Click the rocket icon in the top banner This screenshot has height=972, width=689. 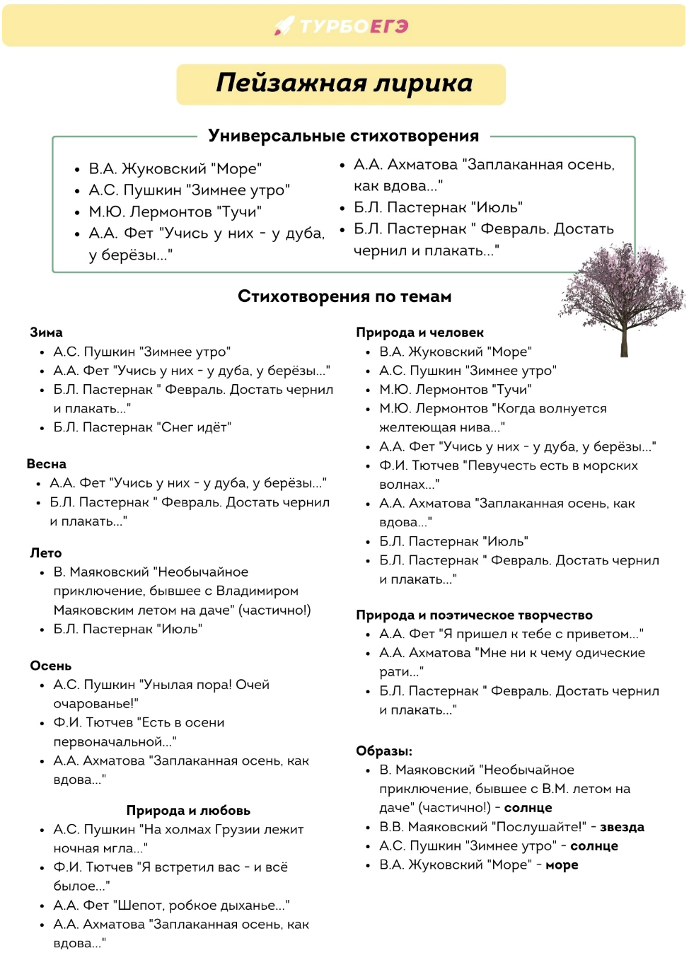(284, 26)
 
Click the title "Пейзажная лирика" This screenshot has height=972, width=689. (344, 83)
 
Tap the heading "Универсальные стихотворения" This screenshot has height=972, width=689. (343, 136)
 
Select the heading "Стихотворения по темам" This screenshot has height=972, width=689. (344, 296)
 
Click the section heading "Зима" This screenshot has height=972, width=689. (46, 332)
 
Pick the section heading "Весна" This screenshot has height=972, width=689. (47, 464)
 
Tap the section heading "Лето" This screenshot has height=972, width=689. (46, 553)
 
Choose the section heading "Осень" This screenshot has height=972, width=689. (50, 666)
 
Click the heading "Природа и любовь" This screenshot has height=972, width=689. (188, 811)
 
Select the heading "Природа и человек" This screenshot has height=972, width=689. (419, 332)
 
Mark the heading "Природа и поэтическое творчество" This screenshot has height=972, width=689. (474, 615)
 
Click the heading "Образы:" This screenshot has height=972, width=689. (384, 751)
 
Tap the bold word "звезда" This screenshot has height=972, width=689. (622, 827)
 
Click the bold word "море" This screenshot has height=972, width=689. (562, 865)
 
